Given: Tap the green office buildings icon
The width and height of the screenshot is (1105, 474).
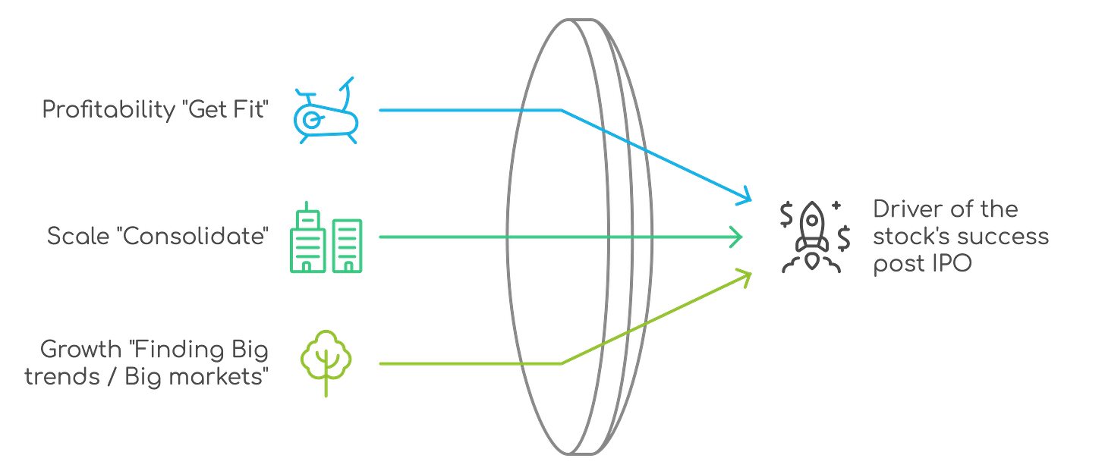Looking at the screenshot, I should click(x=326, y=237).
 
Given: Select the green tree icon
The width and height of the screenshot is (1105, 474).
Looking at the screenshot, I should click(x=326, y=361).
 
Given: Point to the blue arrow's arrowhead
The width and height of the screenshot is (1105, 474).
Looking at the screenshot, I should click(x=745, y=196).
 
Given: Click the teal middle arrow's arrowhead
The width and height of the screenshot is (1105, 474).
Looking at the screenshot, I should click(x=737, y=237).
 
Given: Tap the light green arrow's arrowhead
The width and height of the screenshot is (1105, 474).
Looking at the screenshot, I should click(x=745, y=275).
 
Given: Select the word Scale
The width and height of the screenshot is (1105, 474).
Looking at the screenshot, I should click(x=71, y=237).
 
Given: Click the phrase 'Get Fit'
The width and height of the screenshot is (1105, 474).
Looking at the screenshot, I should click(x=228, y=110).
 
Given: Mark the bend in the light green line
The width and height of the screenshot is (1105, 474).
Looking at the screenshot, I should click(x=562, y=364).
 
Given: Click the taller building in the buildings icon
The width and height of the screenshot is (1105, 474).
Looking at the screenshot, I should click(x=307, y=237).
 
